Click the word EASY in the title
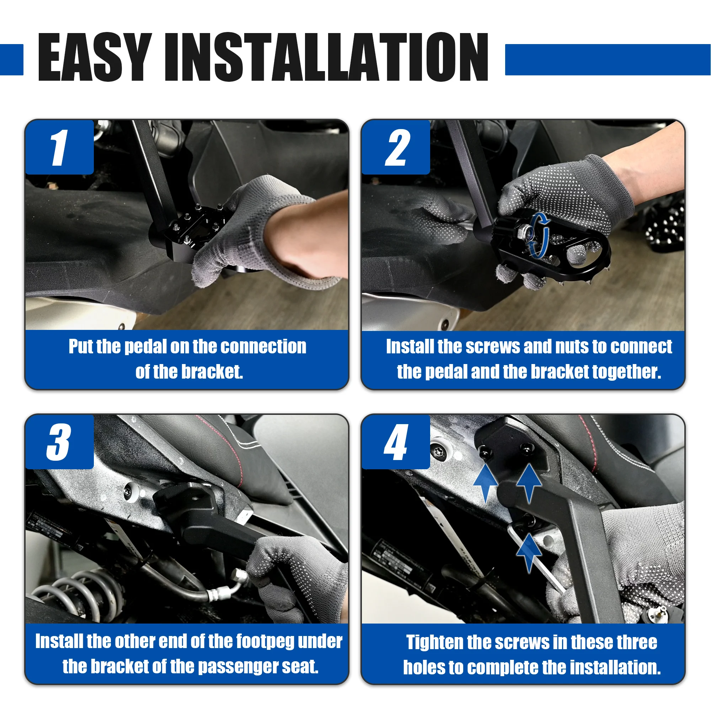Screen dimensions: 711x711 click(95, 57)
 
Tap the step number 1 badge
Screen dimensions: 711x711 click(60, 147)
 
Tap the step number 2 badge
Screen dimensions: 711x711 click(396, 147)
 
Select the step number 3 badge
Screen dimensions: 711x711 click(60, 442)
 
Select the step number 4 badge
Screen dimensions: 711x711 click(396, 442)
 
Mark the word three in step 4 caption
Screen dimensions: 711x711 click(637, 642)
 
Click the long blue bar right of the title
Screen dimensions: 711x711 click(608, 60)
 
